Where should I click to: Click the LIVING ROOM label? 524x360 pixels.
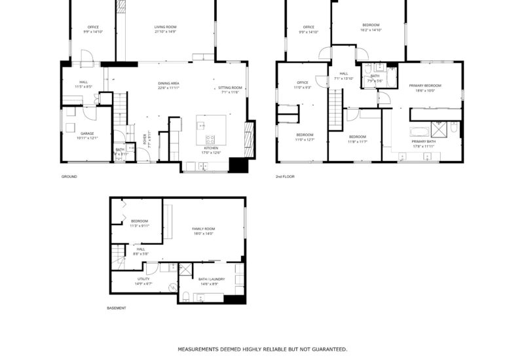pos(165,27)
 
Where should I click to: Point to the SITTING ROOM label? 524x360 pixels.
pos(230,88)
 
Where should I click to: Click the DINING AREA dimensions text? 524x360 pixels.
pos(168,88)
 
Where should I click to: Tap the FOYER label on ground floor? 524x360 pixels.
pos(145,139)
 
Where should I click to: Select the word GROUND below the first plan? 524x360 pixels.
pos(69,177)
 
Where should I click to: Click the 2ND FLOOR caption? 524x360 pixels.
pos(285,177)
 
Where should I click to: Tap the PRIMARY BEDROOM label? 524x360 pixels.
pos(425,86)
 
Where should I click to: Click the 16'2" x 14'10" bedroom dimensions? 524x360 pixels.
pos(370,30)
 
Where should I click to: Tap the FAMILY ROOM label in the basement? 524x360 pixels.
pos(203,228)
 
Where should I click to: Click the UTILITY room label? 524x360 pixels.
pos(143,279)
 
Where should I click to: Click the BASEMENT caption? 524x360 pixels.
pos(117,308)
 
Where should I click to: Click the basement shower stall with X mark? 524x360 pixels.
pos(185,270)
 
